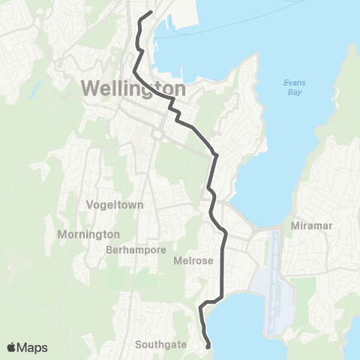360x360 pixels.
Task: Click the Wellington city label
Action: pyautogui.click(x=132, y=88)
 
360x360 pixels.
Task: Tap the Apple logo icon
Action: pyautogui.click(x=13, y=347)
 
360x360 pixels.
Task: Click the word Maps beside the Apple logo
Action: pyautogui.click(x=33, y=347)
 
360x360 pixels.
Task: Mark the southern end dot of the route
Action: pyautogui.click(x=208, y=346)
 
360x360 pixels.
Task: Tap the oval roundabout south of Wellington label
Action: pyautogui.click(x=157, y=134)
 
